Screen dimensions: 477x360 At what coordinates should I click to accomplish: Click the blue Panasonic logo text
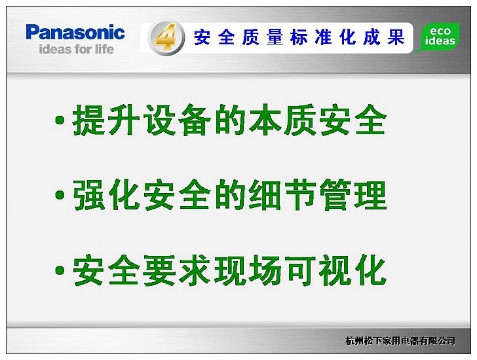[x=75, y=32]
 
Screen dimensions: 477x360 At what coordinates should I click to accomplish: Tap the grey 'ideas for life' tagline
[x=77, y=49]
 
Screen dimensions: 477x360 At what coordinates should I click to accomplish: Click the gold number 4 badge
[x=166, y=38]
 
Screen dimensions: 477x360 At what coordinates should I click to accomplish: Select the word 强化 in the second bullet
[x=106, y=194]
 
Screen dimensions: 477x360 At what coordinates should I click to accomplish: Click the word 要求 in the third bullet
[x=176, y=270]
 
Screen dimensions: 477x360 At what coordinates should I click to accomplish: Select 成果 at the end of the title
[x=383, y=37]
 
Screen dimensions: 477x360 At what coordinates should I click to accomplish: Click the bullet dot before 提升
[x=60, y=120]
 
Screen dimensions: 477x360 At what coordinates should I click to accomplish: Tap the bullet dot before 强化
[x=60, y=195]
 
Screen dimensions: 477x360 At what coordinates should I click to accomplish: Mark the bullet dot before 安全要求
[x=60, y=270]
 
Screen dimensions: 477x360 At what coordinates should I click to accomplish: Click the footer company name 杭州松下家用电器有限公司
[x=400, y=341]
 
